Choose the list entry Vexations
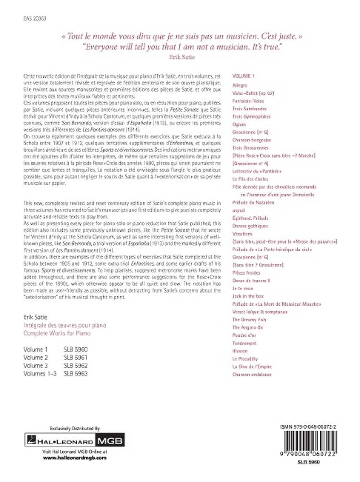point(243,233)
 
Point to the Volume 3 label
point(36,366)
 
